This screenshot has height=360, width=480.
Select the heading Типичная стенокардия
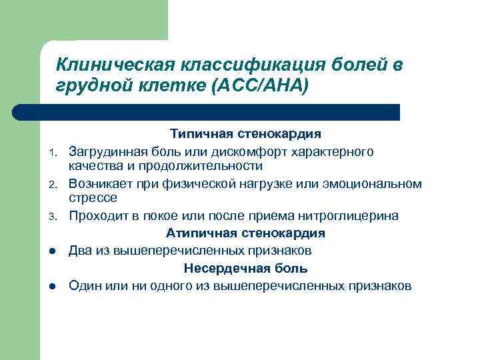(245, 135)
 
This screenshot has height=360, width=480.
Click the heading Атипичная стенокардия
(245, 233)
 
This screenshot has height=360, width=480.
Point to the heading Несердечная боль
(245, 269)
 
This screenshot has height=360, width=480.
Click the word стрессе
(93, 198)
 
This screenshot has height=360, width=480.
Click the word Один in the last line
(85, 286)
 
